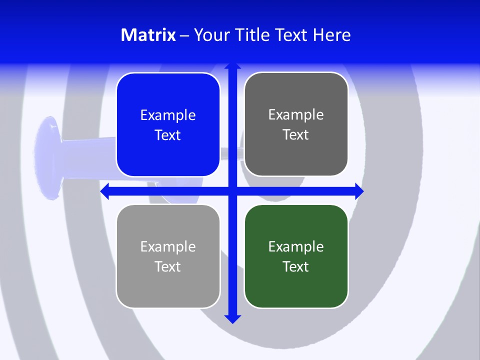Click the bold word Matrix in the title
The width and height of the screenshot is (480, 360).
click(148, 35)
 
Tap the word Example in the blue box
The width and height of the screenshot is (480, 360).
click(168, 115)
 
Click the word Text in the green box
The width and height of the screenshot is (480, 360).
click(296, 266)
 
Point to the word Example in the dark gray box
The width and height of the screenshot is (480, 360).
click(296, 115)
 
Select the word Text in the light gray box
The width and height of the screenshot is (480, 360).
click(168, 266)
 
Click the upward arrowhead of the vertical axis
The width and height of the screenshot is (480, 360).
click(232, 66)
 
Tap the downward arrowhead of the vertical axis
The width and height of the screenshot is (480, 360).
click(232, 318)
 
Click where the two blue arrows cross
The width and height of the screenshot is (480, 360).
click(232, 191)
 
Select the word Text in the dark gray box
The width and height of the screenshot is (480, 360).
click(296, 135)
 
